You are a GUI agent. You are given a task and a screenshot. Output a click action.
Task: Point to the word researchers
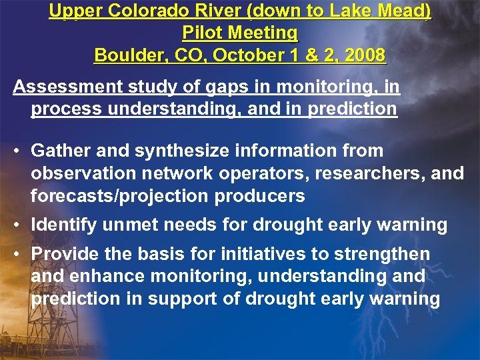[363, 174]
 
